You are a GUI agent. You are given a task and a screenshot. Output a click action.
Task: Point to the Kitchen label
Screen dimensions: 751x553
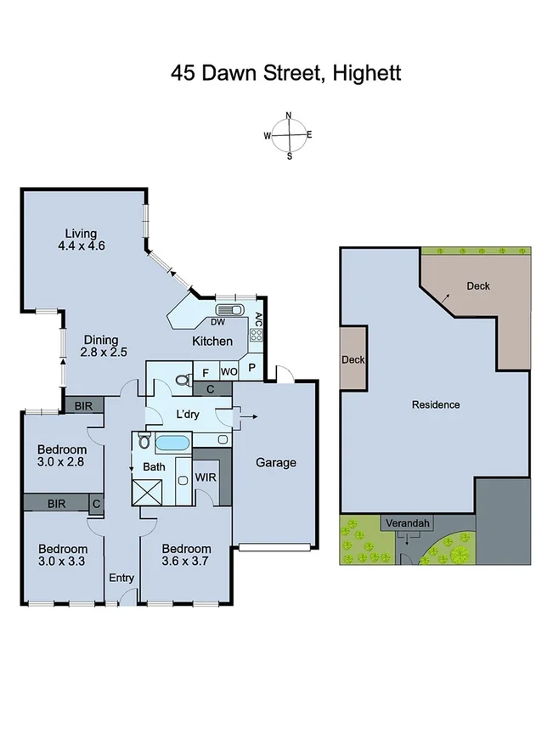pyautogui.click(x=212, y=341)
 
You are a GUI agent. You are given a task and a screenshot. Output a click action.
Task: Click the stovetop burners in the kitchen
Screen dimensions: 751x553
pyautogui.click(x=256, y=335)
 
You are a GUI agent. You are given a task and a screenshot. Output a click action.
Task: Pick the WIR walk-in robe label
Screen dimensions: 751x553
pyautogui.click(x=206, y=477)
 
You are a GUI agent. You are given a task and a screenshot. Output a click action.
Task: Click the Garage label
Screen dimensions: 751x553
pyautogui.click(x=276, y=462)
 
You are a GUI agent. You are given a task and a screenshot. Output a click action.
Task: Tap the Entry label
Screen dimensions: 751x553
pyautogui.click(x=121, y=579)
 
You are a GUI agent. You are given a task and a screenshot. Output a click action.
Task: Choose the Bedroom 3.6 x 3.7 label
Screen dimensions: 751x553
pyautogui.click(x=186, y=555)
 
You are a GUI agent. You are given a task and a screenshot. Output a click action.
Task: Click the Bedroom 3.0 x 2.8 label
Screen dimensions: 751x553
pyautogui.click(x=62, y=455)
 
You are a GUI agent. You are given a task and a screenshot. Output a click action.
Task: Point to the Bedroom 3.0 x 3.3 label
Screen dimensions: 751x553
pyautogui.click(x=62, y=555)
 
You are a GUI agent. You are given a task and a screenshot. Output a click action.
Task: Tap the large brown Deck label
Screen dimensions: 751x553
pyautogui.click(x=478, y=286)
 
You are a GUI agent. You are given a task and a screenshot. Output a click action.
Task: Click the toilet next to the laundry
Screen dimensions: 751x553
pyautogui.click(x=181, y=380)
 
